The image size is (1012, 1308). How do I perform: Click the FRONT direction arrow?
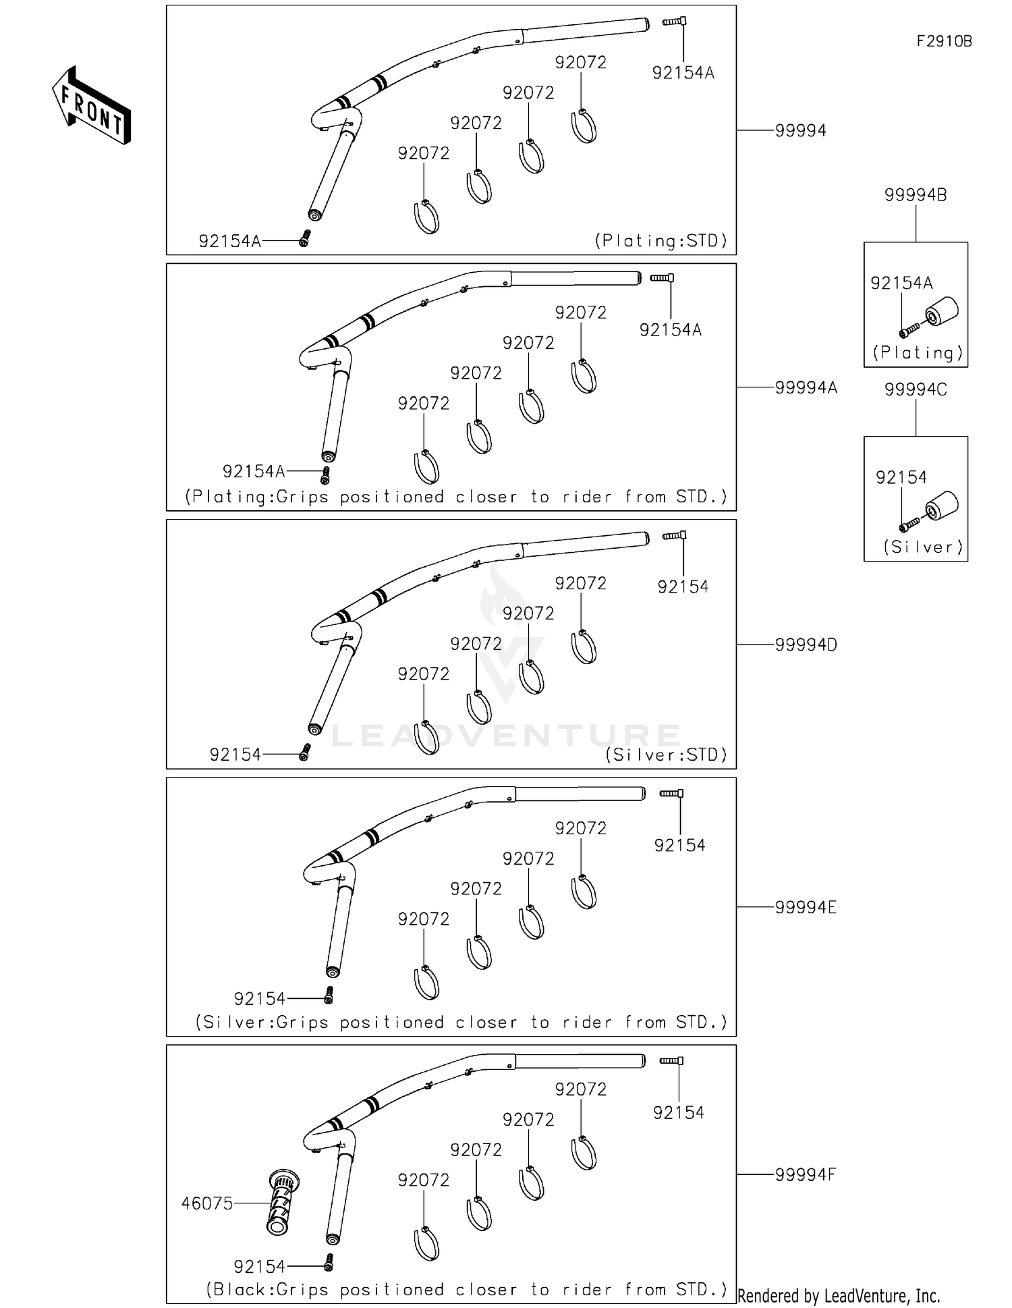(91, 105)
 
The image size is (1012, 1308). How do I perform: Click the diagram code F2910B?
(943, 41)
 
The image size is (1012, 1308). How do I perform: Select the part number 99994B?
(915, 195)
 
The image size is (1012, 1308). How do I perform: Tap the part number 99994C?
(915, 389)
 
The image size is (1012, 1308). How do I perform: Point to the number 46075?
(206, 1203)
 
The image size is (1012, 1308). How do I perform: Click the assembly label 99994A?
(806, 388)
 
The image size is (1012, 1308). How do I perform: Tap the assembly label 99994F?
(805, 1175)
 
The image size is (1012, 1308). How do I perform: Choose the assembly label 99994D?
(806, 645)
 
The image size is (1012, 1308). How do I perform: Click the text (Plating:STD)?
(661, 241)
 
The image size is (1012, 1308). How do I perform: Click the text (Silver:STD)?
(667, 755)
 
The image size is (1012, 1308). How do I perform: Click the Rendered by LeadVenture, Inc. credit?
(839, 1296)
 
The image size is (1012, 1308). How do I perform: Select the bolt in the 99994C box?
(909, 524)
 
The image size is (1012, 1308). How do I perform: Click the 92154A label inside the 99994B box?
(901, 283)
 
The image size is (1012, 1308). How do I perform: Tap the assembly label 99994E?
(805, 908)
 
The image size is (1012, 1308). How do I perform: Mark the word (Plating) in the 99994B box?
(918, 353)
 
